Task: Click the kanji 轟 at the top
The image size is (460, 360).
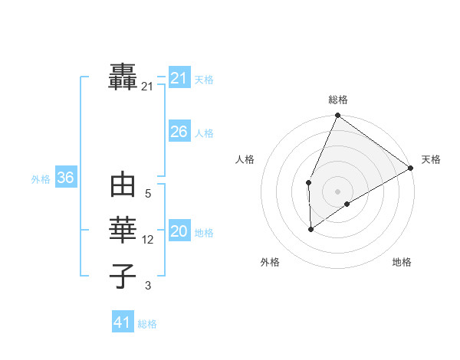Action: tap(123, 77)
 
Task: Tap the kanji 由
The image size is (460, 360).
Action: tap(123, 186)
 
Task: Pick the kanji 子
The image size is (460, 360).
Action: tap(123, 276)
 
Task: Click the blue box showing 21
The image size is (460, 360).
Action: tap(179, 78)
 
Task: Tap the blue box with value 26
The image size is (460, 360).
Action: tap(179, 132)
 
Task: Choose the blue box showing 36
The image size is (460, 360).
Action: tap(65, 178)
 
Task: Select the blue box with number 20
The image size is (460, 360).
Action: tap(179, 231)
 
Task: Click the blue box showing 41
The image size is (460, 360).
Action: tap(122, 322)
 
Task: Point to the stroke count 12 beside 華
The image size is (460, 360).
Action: tap(148, 240)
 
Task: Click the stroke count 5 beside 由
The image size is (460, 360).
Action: tap(148, 195)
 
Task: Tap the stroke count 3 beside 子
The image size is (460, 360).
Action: tap(148, 286)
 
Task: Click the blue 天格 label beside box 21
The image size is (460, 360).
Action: tap(204, 80)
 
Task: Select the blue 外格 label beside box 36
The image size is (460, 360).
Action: tap(41, 179)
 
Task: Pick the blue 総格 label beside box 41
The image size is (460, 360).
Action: tap(147, 324)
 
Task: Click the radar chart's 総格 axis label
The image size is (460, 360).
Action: tap(338, 100)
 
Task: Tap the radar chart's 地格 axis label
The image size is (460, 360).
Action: tap(402, 262)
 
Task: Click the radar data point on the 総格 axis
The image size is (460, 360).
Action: tap(338, 116)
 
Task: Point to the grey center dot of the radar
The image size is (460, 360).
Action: tap(338, 191)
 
